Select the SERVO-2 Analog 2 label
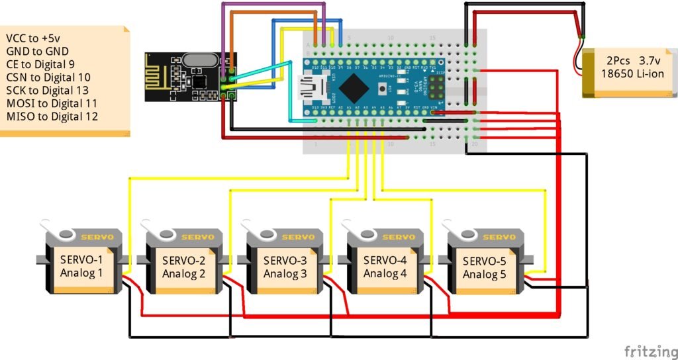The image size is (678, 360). point(183,267)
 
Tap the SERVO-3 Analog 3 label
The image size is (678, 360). point(285,267)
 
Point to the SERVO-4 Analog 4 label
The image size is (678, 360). point(385,267)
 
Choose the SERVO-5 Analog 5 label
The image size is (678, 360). point(484,267)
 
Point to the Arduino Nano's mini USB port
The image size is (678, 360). point(311,86)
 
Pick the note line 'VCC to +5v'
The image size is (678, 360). point(32,38)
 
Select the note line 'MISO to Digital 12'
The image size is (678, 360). point(52,116)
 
